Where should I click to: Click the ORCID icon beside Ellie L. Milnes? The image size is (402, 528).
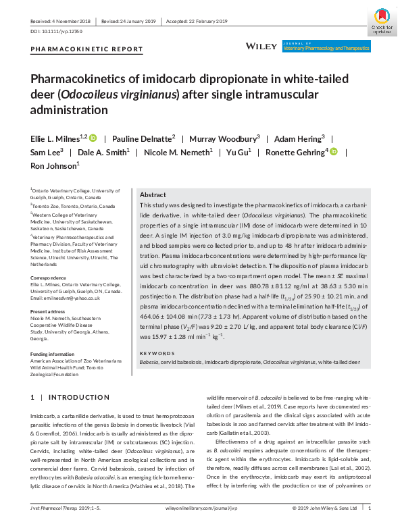[x=93, y=138]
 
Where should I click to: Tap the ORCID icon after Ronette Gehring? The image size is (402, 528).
[x=334, y=151]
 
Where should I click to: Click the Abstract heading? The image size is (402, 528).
[x=152, y=194]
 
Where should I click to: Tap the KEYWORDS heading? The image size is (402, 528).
[x=157, y=353]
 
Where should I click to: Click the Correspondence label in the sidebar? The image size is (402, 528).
[x=51, y=278]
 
